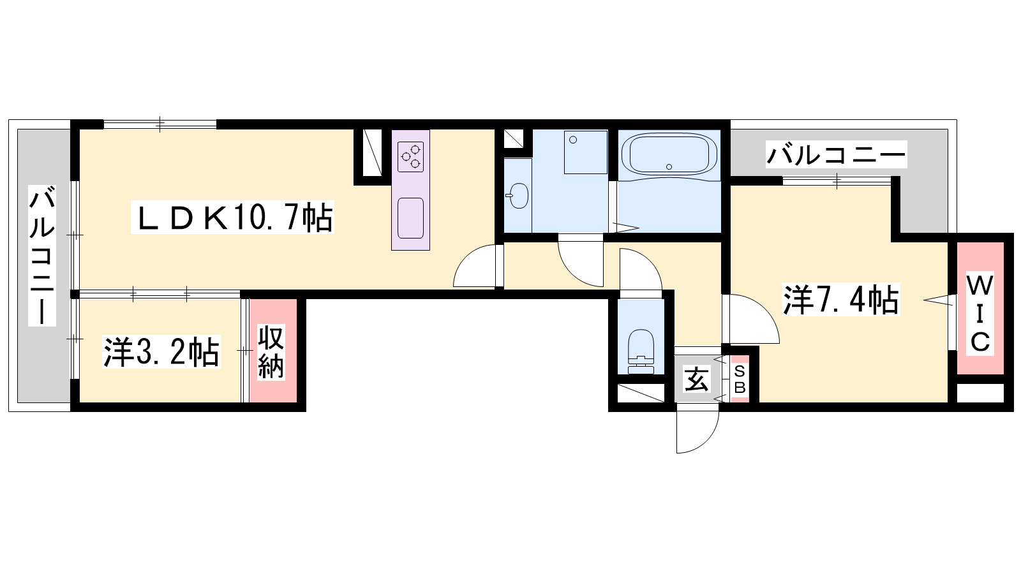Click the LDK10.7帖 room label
(x=232, y=217)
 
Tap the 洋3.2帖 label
(x=162, y=351)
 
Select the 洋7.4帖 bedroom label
(x=841, y=299)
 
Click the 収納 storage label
(x=271, y=351)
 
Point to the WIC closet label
(x=980, y=313)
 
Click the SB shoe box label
(x=740, y=379)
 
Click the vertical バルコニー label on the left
(x=42, y=255)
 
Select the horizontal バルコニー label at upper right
(x=836, y=154)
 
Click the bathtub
(x=669, y=154)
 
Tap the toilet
(x=641, y=351)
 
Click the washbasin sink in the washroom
(x=518, y=196)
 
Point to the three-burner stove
(x=411, y=157)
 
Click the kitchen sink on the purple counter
(x=411, y=218)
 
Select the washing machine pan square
(x=586, y=152)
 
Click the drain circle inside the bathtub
(x=669, y=166)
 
